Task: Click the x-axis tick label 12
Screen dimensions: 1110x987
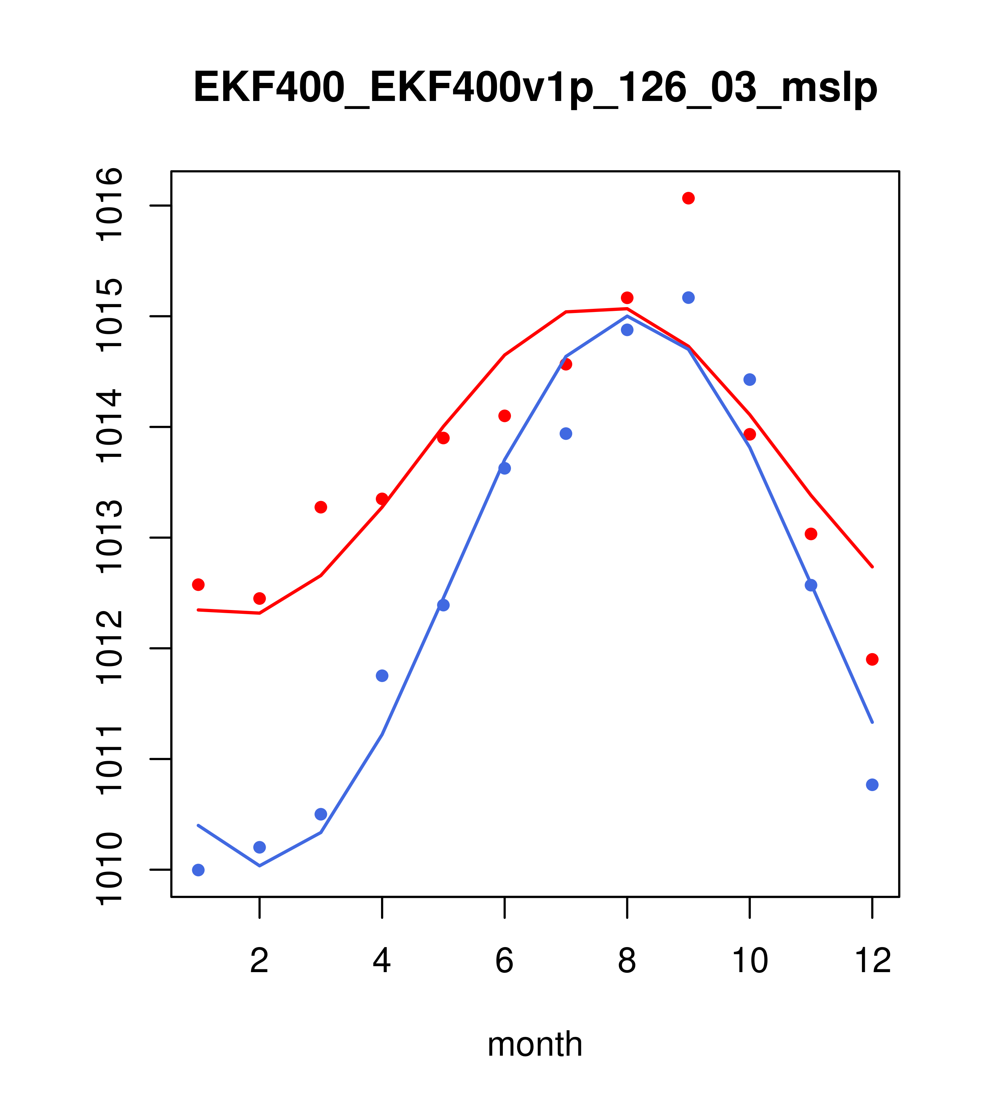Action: (x=872, y=961)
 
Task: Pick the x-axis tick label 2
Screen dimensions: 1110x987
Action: (x=260, y=961)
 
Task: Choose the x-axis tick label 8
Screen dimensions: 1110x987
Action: (x=627, y=961)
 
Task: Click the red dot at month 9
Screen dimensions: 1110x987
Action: (x=688, y=198)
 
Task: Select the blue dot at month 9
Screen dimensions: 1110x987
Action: (x=688, y=298)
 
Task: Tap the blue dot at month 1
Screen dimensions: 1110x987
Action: (x=198, y=870)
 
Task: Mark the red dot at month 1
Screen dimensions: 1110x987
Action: (x=198, y=584)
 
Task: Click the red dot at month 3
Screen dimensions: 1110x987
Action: (x=321, y=507)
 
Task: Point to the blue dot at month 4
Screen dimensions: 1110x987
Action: (x=382, y=675)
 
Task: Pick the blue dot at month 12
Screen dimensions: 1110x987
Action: (x=872, y=785)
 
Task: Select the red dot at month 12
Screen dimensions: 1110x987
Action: (x=872, y=659)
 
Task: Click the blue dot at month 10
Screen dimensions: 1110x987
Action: (x=749, y=380)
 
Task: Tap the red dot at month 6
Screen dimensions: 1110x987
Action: (x=505, y=416)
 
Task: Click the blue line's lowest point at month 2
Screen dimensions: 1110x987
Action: (x=260, y=866)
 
